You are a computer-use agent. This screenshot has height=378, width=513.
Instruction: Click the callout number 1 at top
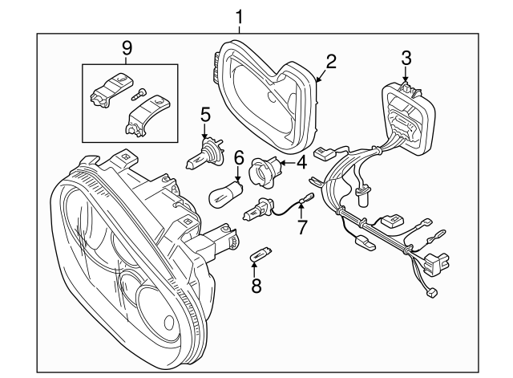pyautogui.click(x=239, y=15)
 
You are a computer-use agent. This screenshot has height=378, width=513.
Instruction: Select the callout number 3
pyautogui.click(x=406, y=57)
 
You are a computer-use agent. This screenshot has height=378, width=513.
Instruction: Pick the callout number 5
pyautogui.click(x=205, y=115)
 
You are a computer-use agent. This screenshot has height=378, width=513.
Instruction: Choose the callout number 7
pyautogui.click(x=301, y=227)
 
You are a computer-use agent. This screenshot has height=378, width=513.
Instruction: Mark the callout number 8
pyautogui.click(x=256, y=285)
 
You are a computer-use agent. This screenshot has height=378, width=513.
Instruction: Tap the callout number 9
pyautogui.click(x=127, y=48)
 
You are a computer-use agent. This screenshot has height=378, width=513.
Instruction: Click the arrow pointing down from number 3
pyautogui.click(x=406, y=74)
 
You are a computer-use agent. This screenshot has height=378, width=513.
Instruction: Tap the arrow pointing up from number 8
pyautogui.click(x=256, y=269)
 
